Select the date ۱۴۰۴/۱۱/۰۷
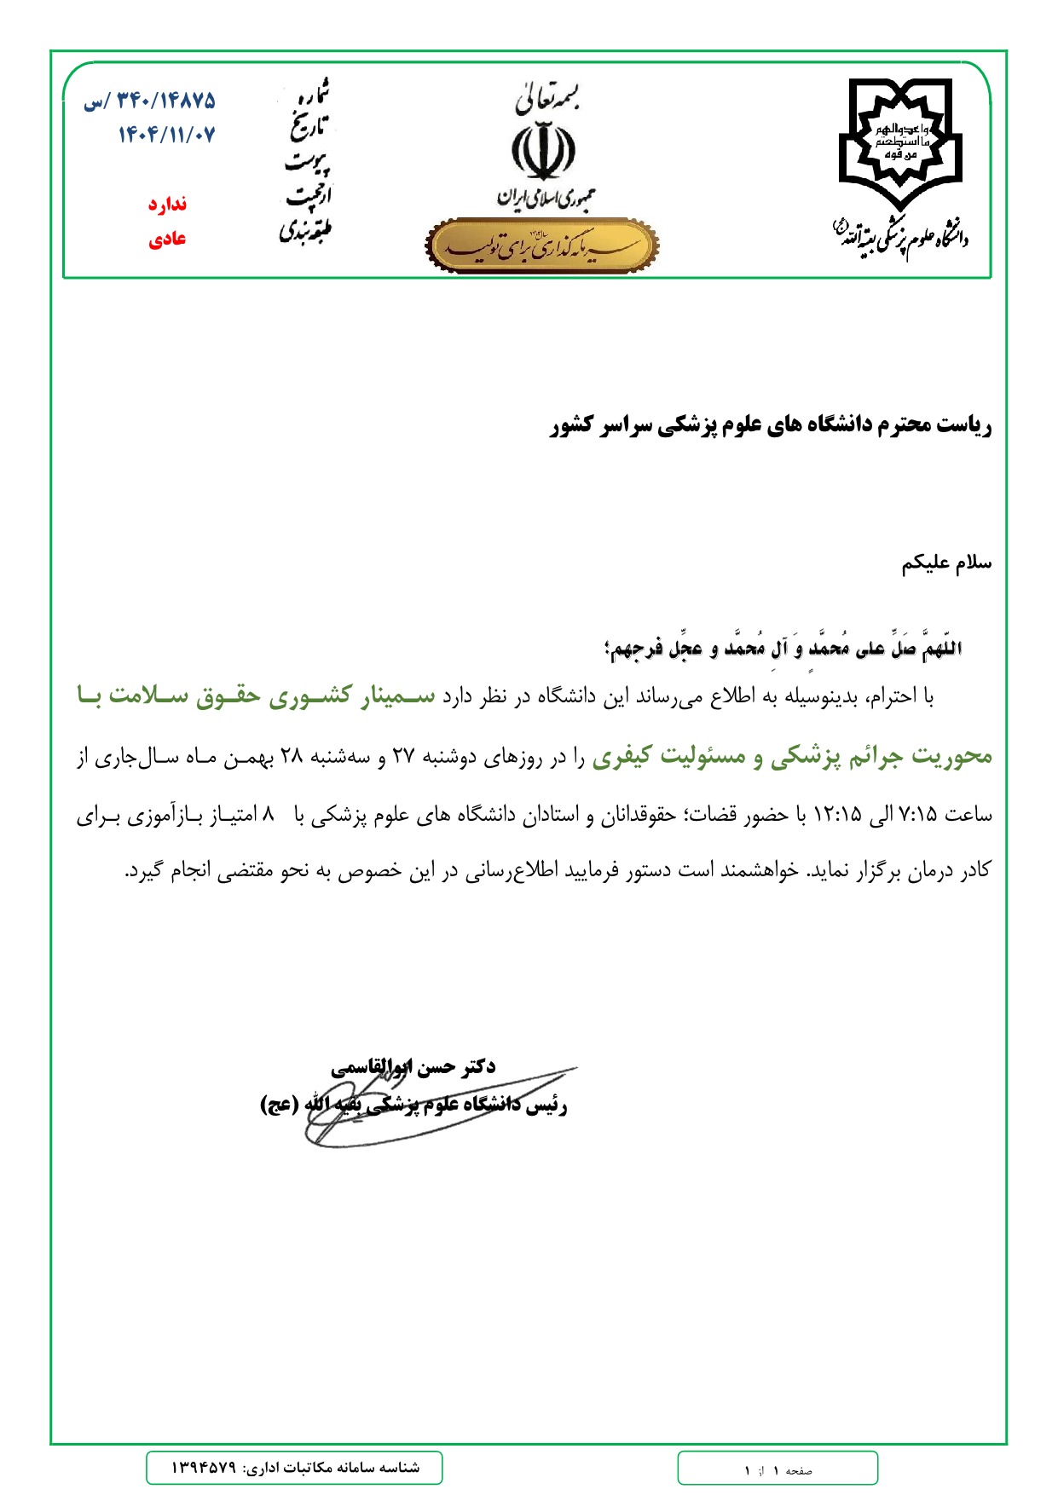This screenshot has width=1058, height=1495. tap(167, 135)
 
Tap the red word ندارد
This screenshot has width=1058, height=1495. tap(167, 205)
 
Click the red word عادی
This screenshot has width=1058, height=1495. tap(167, 240)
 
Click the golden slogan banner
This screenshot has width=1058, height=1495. tap(541, 245)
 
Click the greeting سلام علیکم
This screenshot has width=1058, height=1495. tap(946, 563)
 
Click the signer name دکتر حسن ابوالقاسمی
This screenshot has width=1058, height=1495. tap(413, 1066)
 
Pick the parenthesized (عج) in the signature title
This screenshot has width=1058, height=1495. tap(278, 1105)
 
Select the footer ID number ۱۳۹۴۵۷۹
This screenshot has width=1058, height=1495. tap(203, 1467)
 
